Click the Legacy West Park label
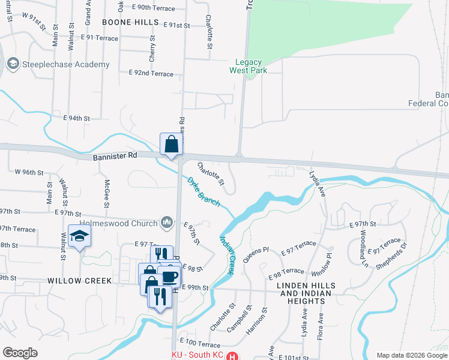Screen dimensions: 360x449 248,66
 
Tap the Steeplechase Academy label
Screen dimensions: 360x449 66,64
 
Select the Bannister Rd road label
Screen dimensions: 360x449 115,156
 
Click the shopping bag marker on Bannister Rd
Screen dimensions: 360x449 172,144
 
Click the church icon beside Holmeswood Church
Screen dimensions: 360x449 167,223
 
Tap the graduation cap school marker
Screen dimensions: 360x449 79,237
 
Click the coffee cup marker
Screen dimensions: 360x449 170,276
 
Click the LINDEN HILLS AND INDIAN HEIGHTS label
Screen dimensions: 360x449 314,289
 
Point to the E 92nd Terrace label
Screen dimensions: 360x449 151,74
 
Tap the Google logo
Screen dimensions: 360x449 20,353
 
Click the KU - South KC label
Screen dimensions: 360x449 197,355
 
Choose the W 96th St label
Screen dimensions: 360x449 29,172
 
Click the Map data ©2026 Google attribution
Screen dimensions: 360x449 411,355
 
